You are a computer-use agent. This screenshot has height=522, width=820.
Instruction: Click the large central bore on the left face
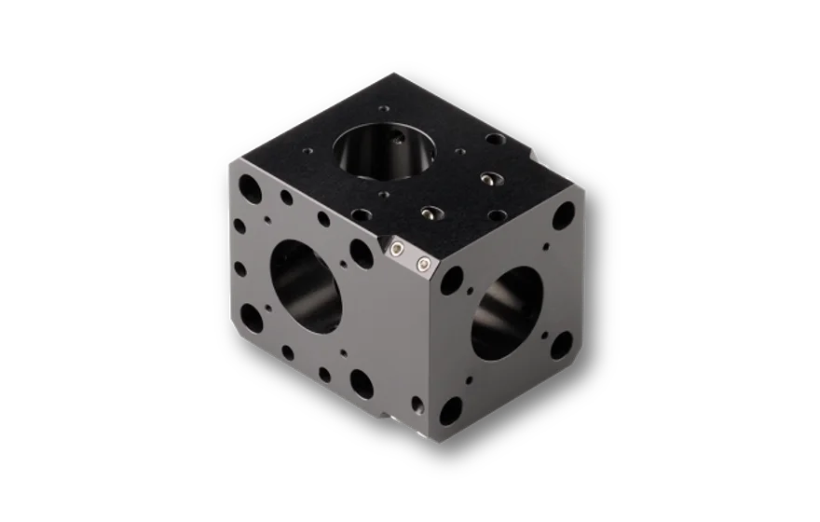[x=307, y=285]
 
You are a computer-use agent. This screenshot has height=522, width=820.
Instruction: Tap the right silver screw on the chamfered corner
[x=423, y=267]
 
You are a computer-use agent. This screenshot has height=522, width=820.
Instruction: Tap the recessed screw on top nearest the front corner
[x=430, y=213]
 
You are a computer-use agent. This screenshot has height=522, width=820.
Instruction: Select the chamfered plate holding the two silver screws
[x=411, y=259]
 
